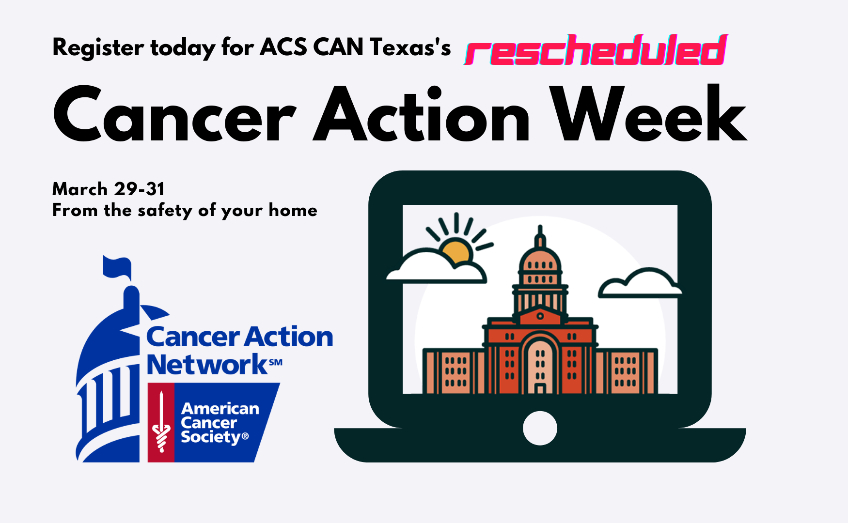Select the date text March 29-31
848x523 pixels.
tap(109, 189)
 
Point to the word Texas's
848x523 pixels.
tap(410, 47)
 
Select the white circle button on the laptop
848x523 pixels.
tap(540, 428)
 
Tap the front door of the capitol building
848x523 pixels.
tap(540, 388)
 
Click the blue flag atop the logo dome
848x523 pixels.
tap(117, 267)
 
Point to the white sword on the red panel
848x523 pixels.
tap(161, 421)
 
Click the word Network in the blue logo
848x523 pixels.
tap(207, 365)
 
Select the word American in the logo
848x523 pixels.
tap(220, 409)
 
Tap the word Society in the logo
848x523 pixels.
tap(211, 437)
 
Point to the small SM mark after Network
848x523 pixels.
tap(276, 362)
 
